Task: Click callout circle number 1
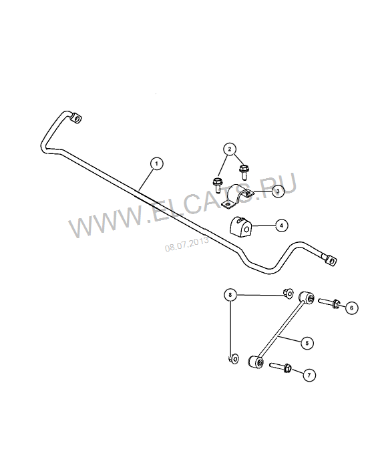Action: pos(157,163)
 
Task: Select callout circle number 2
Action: pos(230,149)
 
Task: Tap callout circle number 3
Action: pos(278,191)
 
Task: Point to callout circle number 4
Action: pos(282,225)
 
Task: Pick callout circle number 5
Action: pos(307,343)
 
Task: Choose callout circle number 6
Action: pos(352,308)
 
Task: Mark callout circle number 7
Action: pos(309,375)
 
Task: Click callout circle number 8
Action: pos(230,295)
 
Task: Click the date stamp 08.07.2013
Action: pos(187,244)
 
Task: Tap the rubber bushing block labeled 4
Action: pos(240,226)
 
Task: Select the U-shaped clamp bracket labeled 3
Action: pos(237,197)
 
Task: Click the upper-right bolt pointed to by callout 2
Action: pos(243,171)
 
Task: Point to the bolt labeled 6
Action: pos(329,303)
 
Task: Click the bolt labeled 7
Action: pos(280,367)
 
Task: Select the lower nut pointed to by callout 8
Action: pos(234,358)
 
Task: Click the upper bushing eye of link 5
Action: pos(307,298)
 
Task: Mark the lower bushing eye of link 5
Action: pos(256,362)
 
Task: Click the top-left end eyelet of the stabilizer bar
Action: pos(75,118)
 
